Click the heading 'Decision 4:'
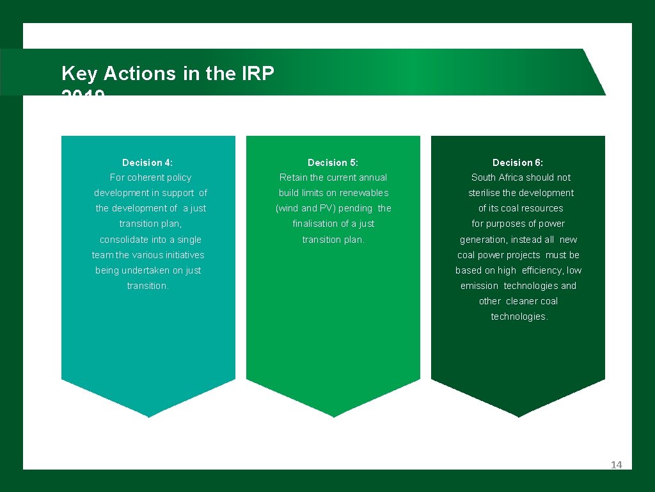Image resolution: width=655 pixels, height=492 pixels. click(147, 163)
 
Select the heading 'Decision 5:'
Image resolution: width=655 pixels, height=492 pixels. click(333, 163)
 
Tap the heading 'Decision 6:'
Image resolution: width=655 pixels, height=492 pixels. click(517, 163)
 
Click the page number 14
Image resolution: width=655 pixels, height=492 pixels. click(616, 465)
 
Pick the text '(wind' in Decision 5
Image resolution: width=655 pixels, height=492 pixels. click(287, 208)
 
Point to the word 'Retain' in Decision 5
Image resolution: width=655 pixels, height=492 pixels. click(294, 177)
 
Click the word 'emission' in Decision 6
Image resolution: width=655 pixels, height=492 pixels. click(479, 286)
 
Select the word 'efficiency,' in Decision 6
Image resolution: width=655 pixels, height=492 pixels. click(542, 270)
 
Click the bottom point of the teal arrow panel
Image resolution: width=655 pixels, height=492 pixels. click(148, 417)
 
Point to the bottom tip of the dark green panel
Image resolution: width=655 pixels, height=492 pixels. click(518, 417)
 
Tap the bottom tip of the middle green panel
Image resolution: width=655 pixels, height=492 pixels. click(333, 417)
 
